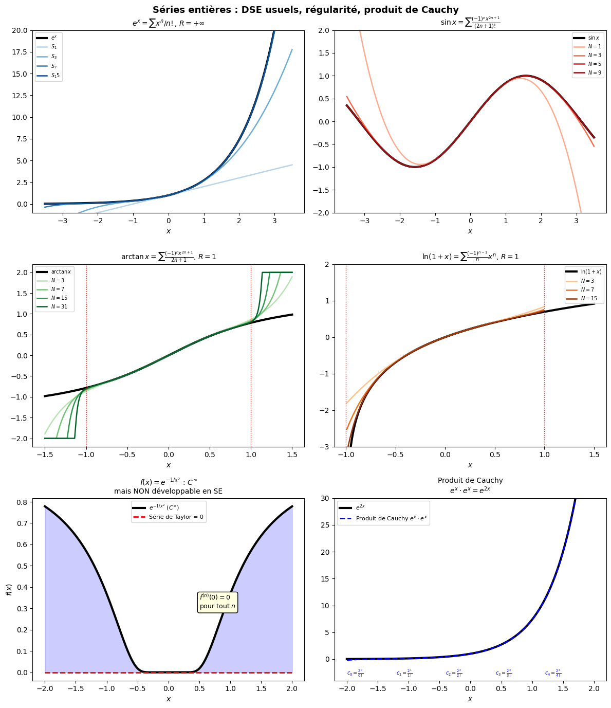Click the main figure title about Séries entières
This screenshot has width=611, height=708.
coord(305,10)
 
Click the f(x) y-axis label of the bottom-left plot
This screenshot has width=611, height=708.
coord(9,589)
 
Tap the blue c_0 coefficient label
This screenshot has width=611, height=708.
coord(355,673)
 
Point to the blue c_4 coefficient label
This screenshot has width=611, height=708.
coord(553,673)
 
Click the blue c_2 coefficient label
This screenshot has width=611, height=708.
coord(454,673)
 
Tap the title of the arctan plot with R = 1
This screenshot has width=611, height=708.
coord(168,256)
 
